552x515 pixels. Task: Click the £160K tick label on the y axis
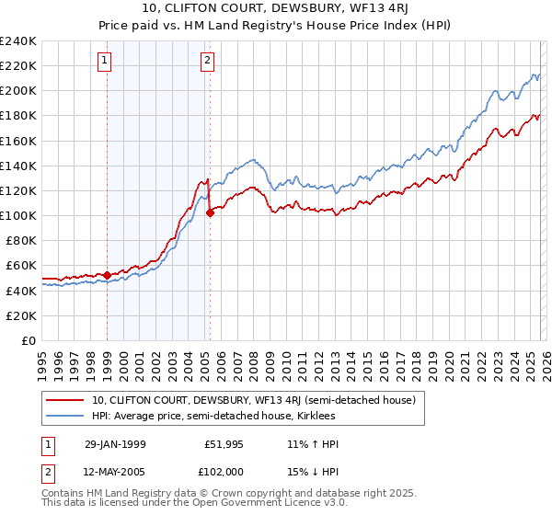18,141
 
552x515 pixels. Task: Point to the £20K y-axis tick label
21,315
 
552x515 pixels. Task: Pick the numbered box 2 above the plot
208,62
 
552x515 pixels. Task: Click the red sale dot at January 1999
108,275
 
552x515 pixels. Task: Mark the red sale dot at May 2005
210,212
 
